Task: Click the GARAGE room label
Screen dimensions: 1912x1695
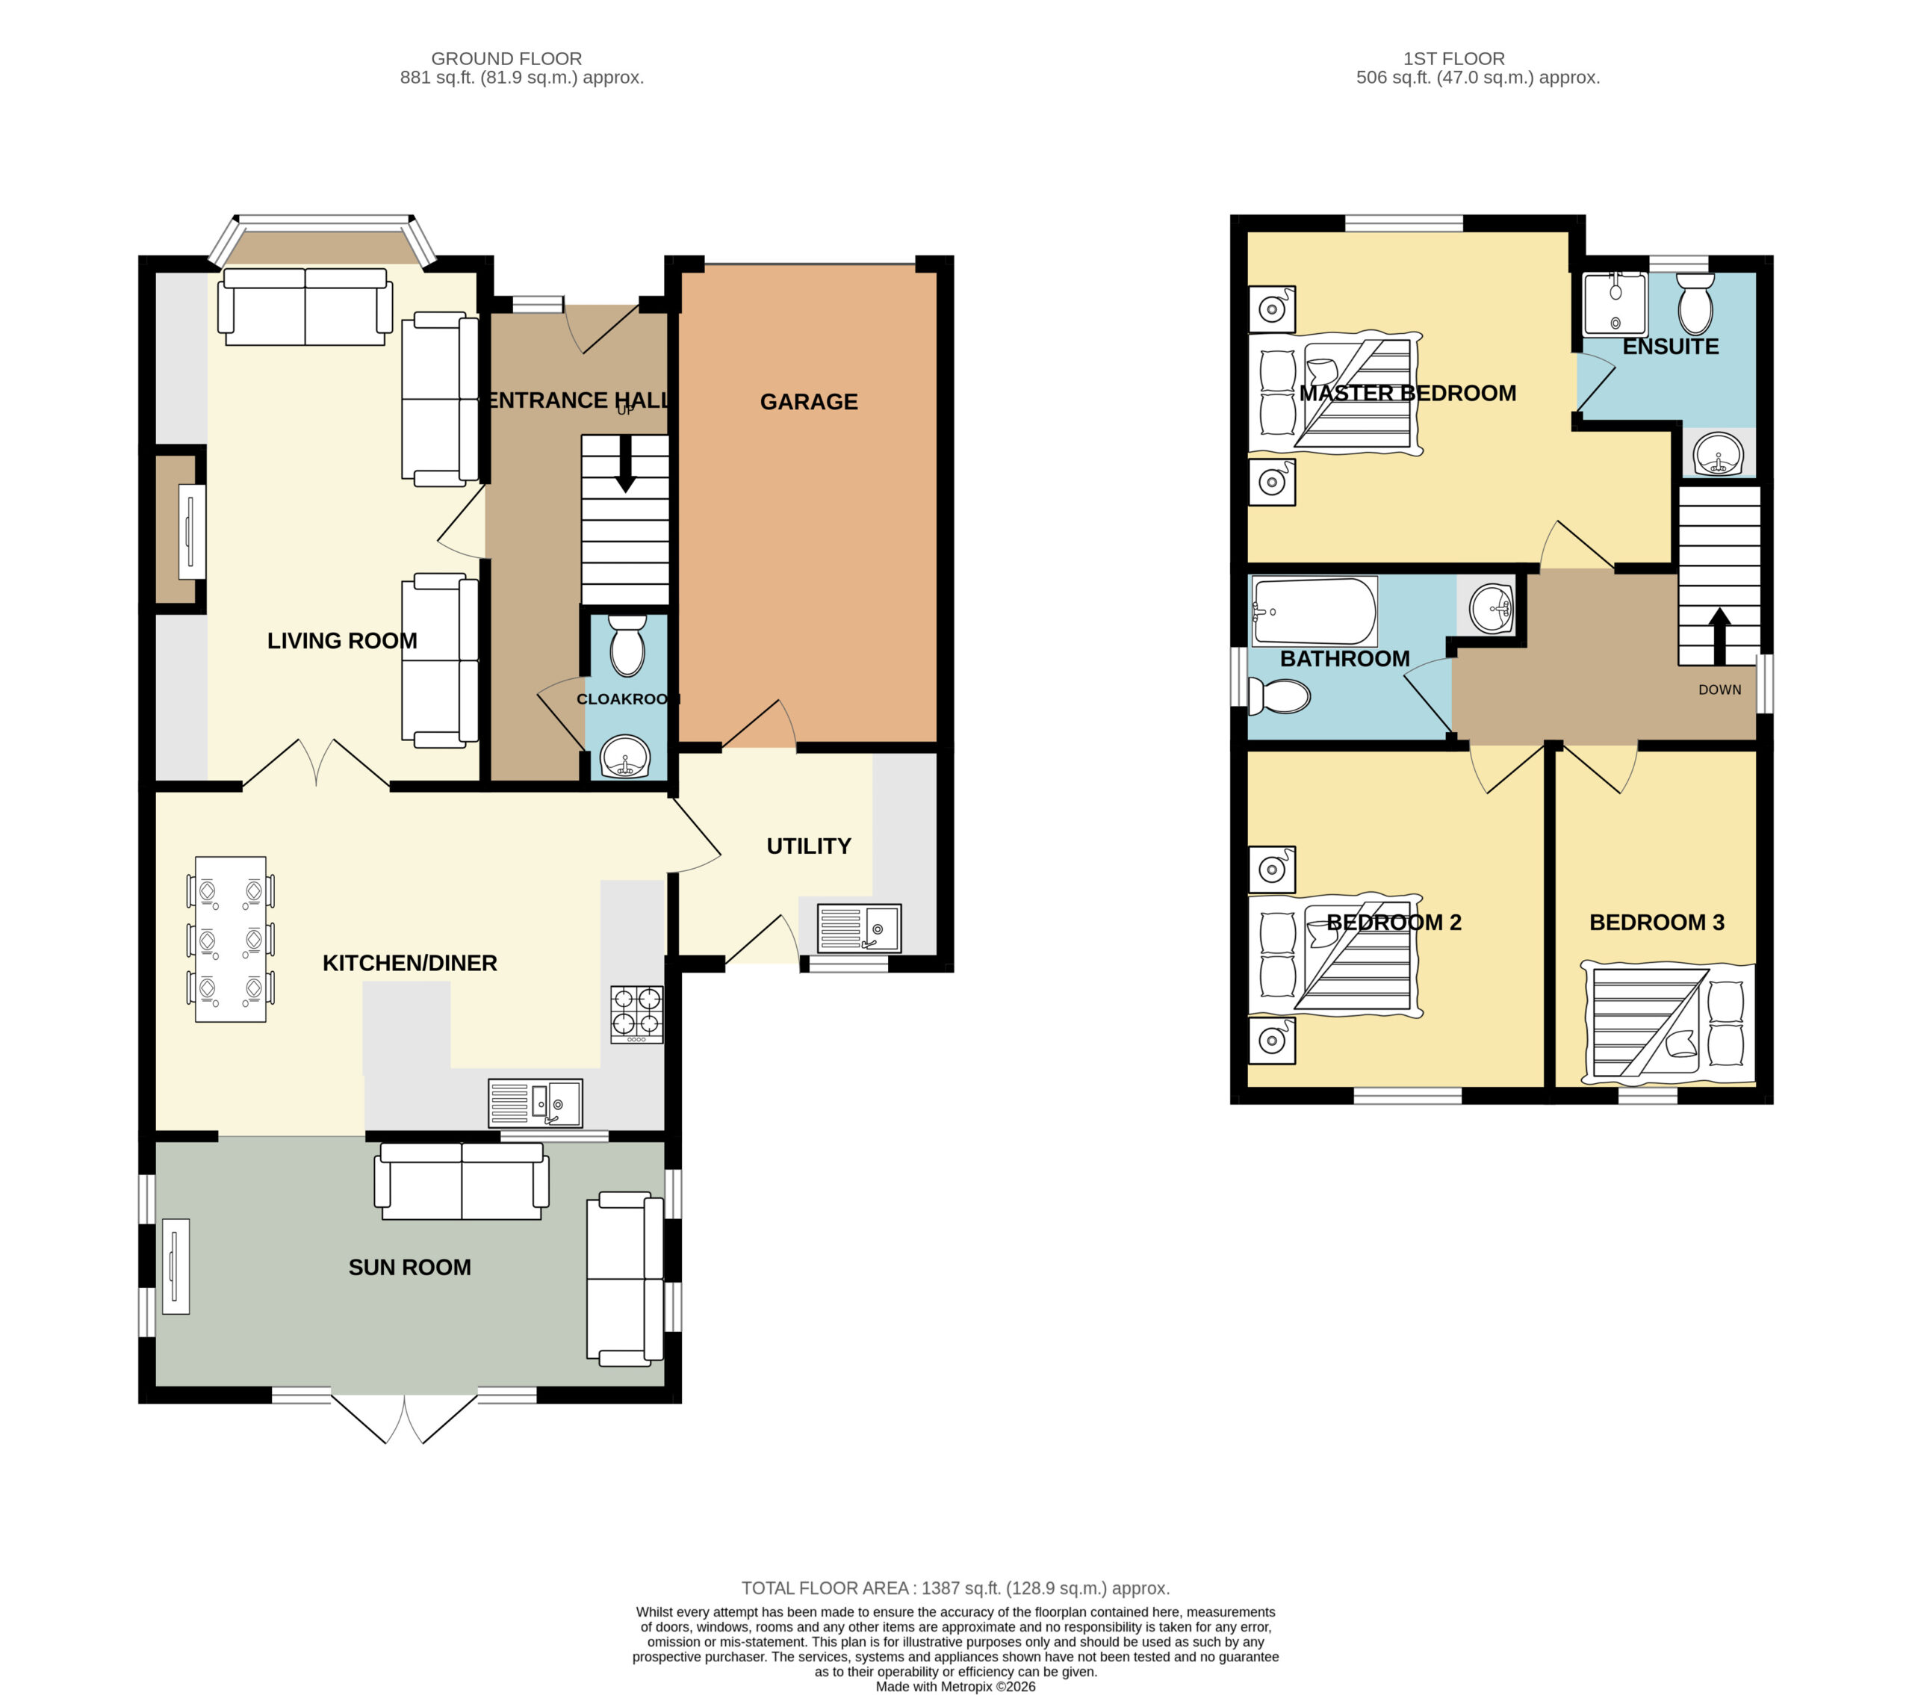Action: [808, 402]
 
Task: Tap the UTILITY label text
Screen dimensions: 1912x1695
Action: [808, 846]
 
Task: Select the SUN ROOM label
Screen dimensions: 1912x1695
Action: [410, 1268]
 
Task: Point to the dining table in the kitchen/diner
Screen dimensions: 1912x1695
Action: [230, 939]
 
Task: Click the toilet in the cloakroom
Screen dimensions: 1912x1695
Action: [627, 645]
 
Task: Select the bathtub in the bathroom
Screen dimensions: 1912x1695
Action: [1314, 611]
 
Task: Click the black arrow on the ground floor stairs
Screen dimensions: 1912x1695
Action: [625, 463]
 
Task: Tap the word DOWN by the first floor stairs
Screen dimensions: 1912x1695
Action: [1719, 690]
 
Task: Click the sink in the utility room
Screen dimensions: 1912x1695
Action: [859, 928]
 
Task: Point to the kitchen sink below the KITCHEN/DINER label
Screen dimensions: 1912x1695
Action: [535, 1103]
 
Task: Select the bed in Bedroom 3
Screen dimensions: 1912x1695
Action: [1669, 1023]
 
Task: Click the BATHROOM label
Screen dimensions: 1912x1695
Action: [1344, 660]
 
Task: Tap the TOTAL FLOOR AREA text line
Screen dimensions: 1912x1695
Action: [955, 1588]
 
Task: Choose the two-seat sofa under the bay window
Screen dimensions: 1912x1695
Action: [305, 307]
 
